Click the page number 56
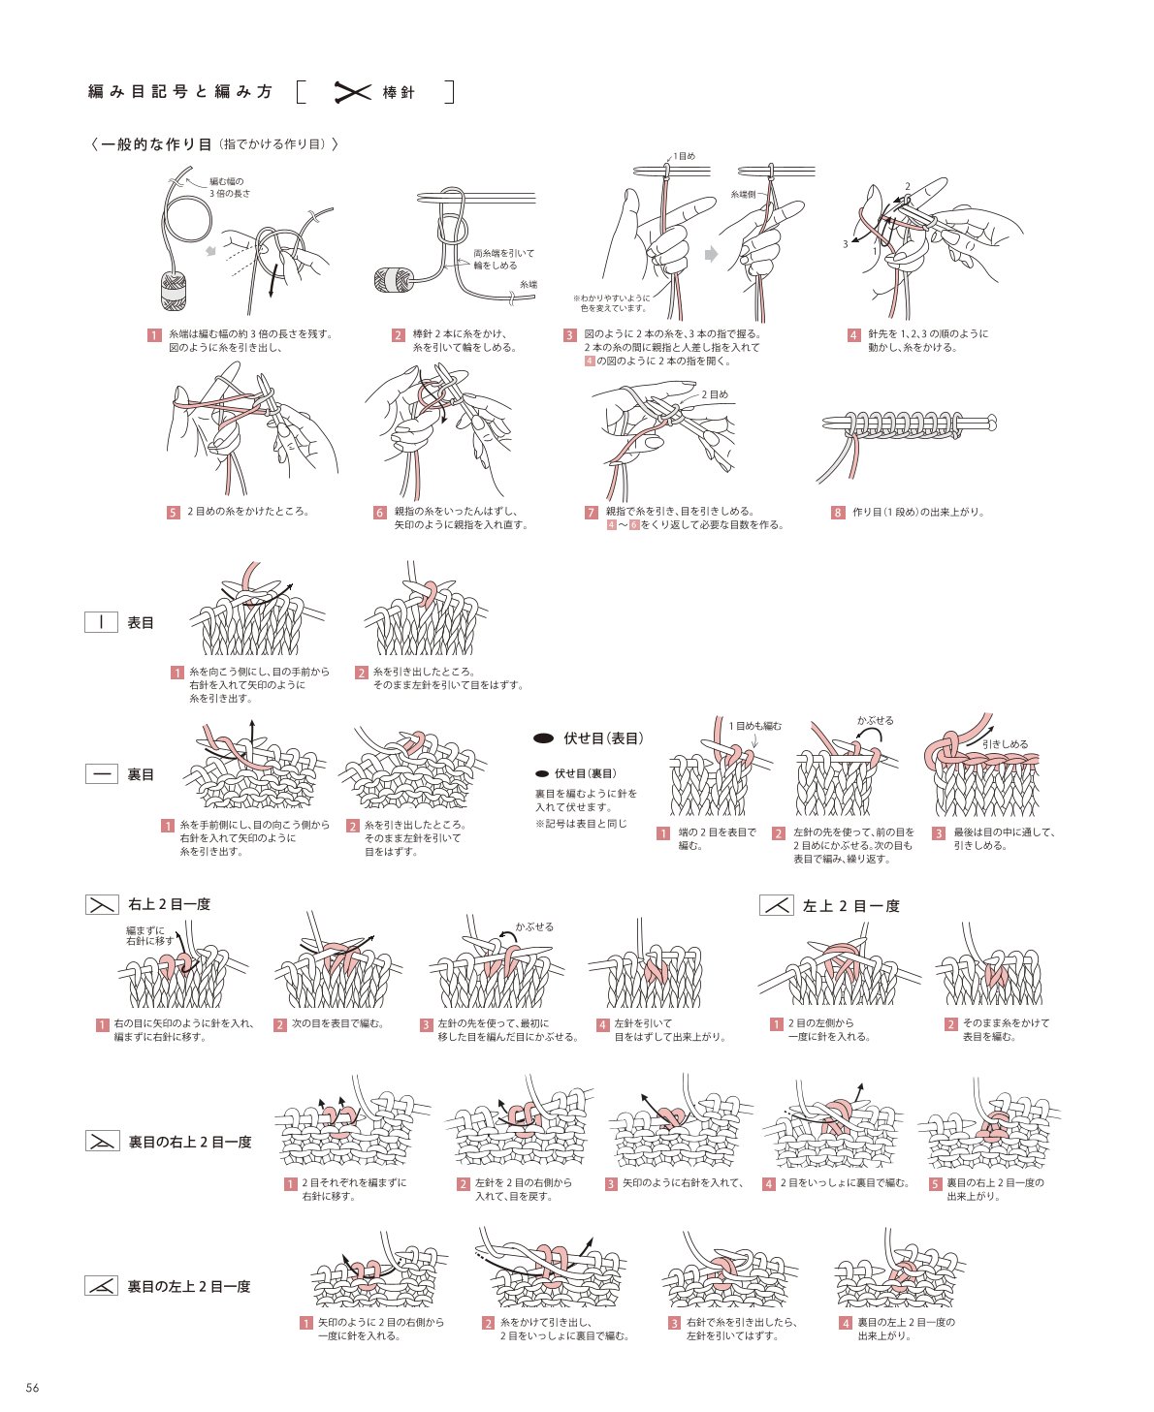coord(32,1388)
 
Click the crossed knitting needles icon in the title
coord(352,92)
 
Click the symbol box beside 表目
coord(101,622)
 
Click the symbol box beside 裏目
coord(101,774)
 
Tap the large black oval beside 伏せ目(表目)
coord(543,738)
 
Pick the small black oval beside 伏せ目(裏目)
coord(542,774)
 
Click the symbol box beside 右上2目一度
coord(102,905)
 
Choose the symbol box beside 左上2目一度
coord(777,905)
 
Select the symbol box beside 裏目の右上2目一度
coord(103,1141)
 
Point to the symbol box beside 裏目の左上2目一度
coord(101,1285)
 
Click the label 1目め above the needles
coord(685,156)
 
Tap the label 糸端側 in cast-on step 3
coord(743,194)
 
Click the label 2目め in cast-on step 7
coord(715,394)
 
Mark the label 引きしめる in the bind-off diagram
coord(1005,744)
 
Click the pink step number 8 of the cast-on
coord(838,513)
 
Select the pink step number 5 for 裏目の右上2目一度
coord(935,1183)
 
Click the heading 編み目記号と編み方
coord(179,92)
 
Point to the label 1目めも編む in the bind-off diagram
coord(754,726)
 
